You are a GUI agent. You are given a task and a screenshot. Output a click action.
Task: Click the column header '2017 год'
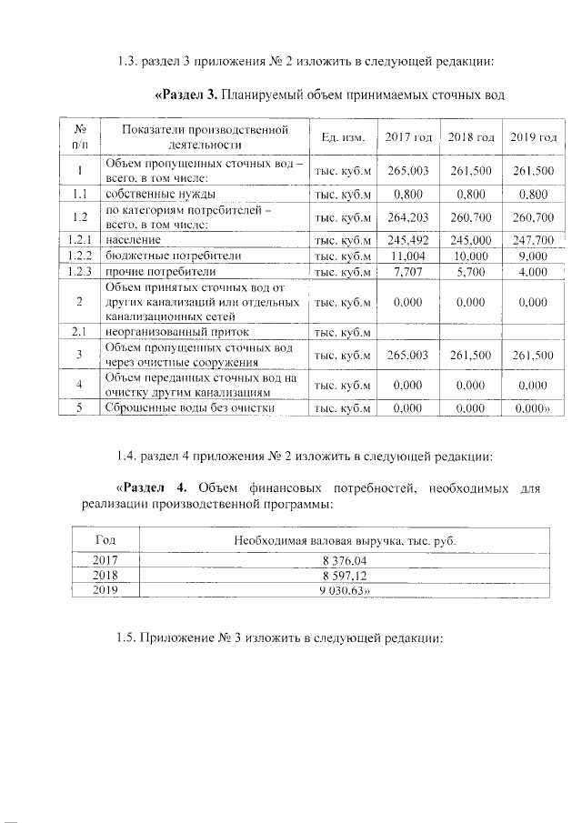click(407, 136)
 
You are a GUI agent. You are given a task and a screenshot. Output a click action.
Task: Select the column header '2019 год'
click(533, 136)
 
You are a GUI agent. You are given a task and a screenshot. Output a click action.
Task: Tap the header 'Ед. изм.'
click(343, 136)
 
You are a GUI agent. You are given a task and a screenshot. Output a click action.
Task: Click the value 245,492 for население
click(407, 240)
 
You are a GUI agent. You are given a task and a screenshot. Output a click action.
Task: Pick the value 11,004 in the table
click(407, 256)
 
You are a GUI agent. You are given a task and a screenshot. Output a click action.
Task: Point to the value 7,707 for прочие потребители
click(407, 272)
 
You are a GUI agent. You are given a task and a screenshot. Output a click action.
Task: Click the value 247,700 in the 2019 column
click(533, 240)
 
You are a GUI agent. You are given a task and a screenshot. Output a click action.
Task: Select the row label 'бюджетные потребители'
click(162, 256)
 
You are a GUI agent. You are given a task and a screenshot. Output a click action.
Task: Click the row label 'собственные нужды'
click(160, 194)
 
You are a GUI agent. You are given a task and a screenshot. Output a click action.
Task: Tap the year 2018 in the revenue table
click(106, 576)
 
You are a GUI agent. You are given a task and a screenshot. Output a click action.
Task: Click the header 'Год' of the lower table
click(105, 541)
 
